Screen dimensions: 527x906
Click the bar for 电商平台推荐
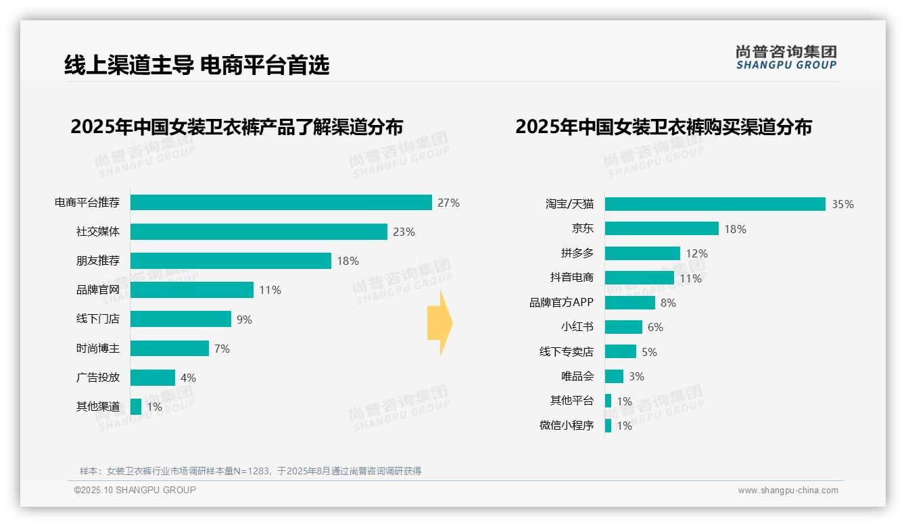pyautogui.click(x=281, y=203)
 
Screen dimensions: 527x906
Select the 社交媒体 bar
pyautogui.click(x=258, y=232)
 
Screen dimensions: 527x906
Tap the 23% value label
pyautogui.click(x=404, y=232)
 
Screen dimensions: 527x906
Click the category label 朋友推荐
pyautogui.click(x=97, y=261)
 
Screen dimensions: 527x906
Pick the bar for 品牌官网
pyautogui.click(x=191, y=290)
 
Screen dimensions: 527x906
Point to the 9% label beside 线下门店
pyautogui.click(x=244, y=320)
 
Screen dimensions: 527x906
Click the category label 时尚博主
pyautogui.click(x=97, y=349)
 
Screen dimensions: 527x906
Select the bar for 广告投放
pyautogui.click(x=152, y=378)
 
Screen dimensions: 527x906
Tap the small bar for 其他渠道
pyautogui.click(x=135, y=407)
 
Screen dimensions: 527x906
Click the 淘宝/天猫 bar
pyautogui.click(x=715, y=204)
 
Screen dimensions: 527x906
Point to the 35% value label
pyautogui.click(x=842, y=204)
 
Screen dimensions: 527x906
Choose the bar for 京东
pyautogui.click(x=661, y=228)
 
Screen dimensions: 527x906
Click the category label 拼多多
pyautogui.click(x=577, y=253)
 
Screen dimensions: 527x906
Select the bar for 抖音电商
pyautogui.click(x=639, y=278)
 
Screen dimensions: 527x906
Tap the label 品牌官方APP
pyautogui.click(x=561, y=303)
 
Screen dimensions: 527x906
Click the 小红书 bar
pyautogui.click(x=623, y=327)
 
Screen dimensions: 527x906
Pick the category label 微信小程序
pyautogui.click(x=566, y=426)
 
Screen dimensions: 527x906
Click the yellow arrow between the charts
pyautogui.click(x=439, y=324)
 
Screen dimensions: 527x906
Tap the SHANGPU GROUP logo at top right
pyautogui.click(x=786, y=57)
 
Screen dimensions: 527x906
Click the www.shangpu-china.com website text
pyautogui.click(x=788, y=491)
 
